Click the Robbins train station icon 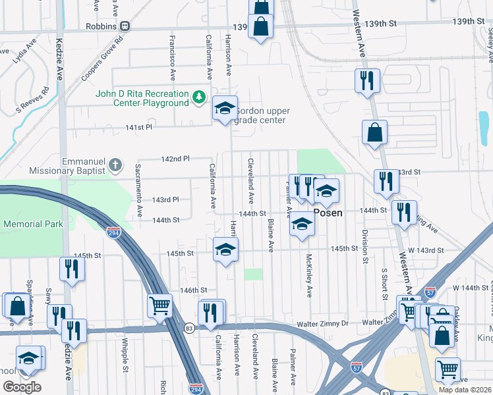(125, 26)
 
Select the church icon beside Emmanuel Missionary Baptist (115, 165)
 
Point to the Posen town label (326, 213)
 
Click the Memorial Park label (32, 224)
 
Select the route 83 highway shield (189, 328)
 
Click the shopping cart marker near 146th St (159, 306)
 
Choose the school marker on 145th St (225, 250)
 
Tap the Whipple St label (125, 355)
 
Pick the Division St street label (364, 246)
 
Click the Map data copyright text (465, 390)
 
